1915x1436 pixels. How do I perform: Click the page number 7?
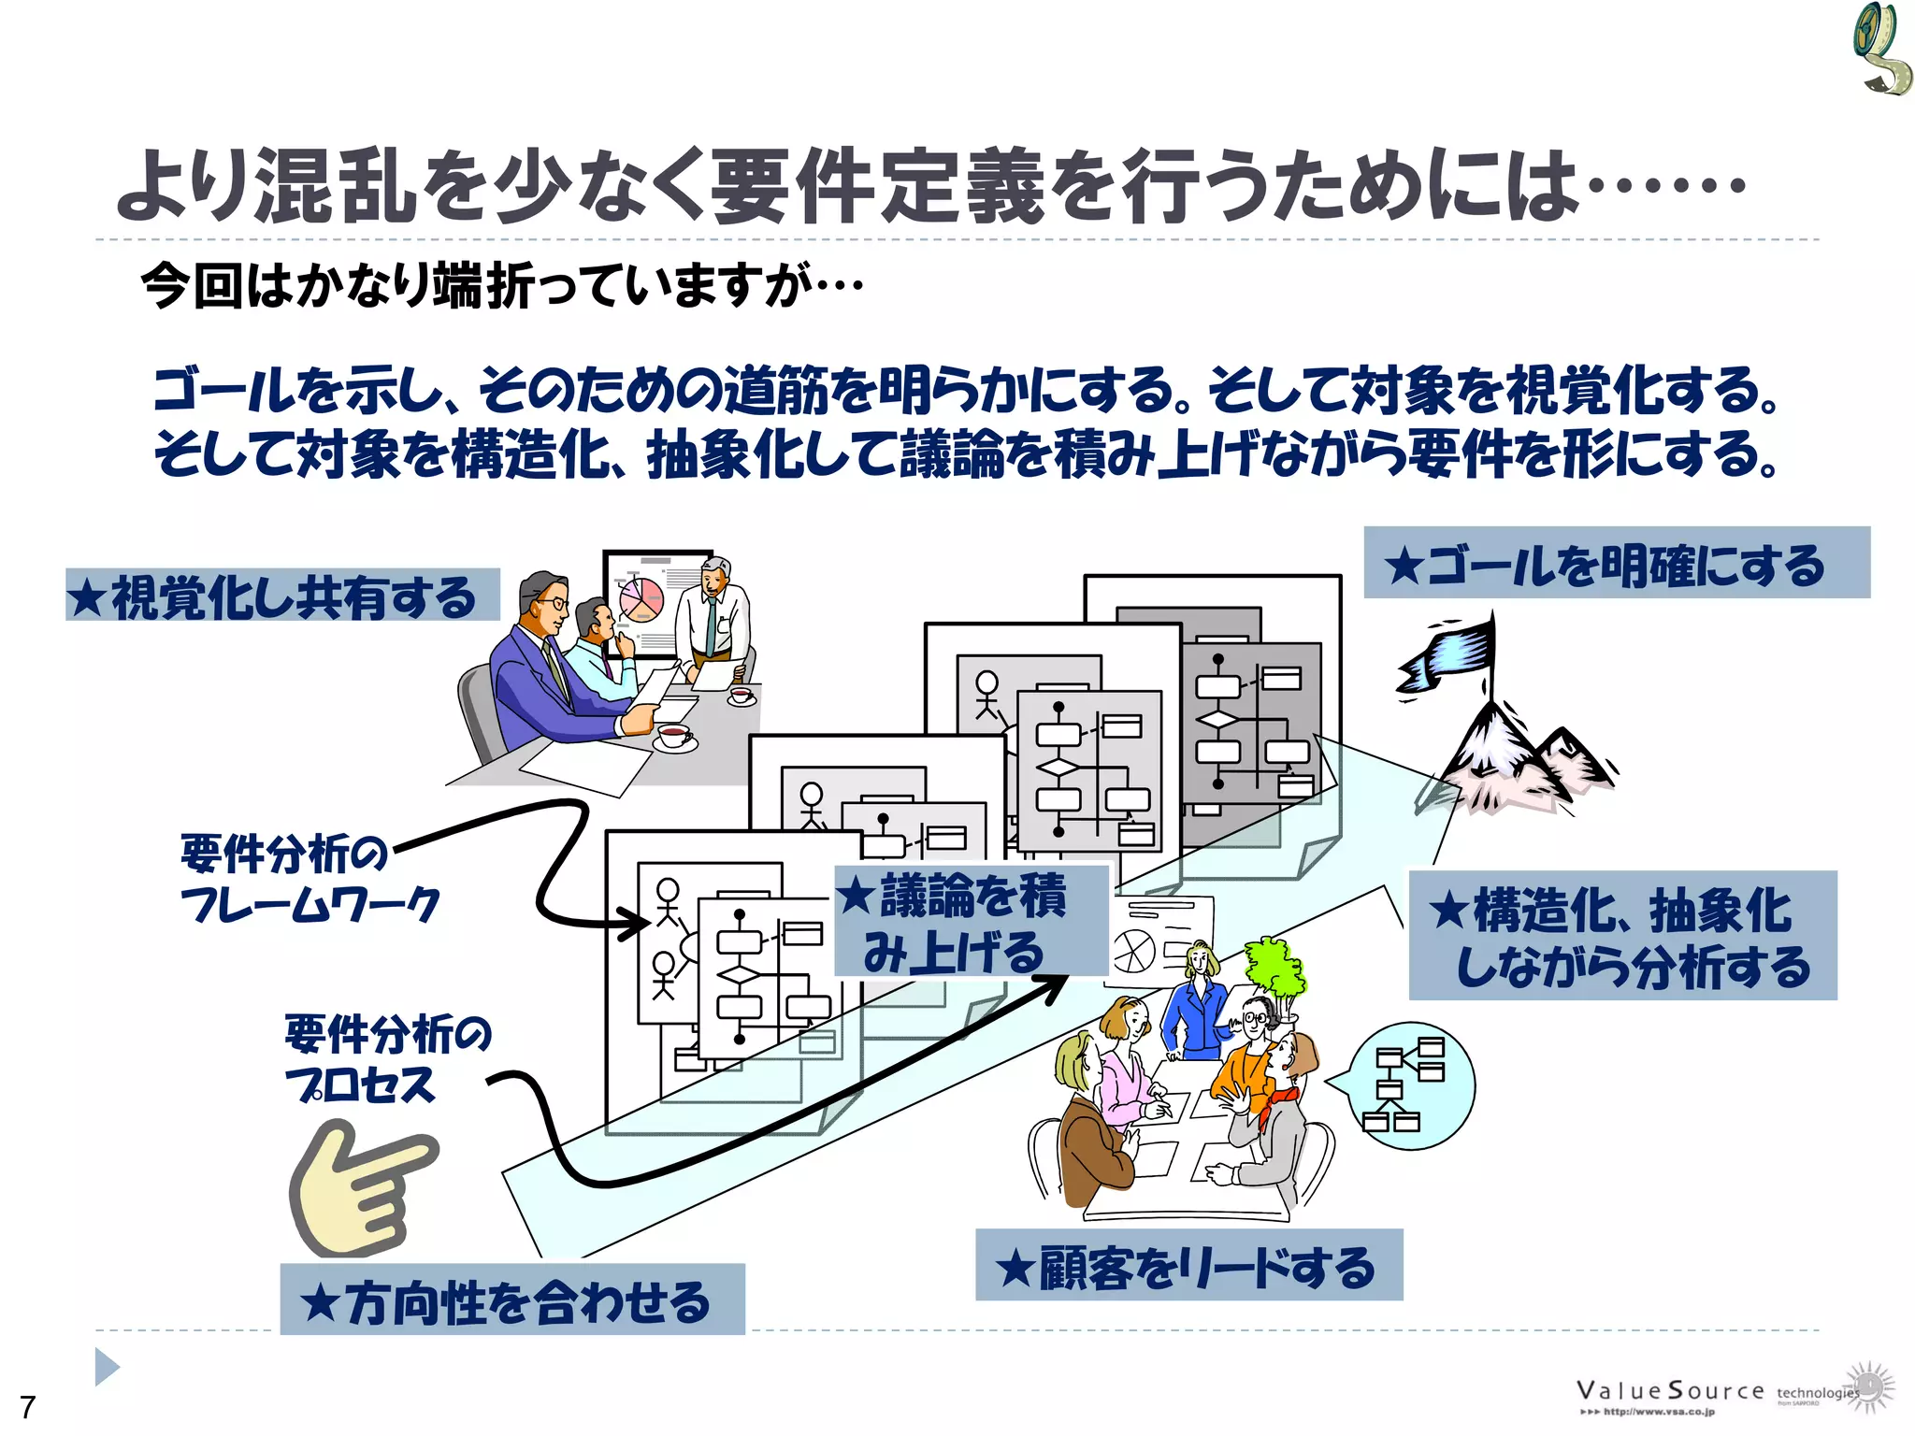coord(28,1406)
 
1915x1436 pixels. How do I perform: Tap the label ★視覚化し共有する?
coord(282,596)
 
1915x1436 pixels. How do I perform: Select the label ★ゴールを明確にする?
coord(1616,564)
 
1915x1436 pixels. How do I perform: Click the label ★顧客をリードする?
coord(1188,1266)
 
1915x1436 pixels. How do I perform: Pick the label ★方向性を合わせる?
coord(512,1300)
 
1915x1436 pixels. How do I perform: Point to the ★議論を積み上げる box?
coord(971,922)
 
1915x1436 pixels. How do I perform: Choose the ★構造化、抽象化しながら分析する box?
coord(1622,936)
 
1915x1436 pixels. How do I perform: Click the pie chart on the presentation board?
coord(641,598)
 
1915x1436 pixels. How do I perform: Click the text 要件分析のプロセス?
coord(385,1058)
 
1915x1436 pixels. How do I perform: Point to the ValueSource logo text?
coord(1669,1391)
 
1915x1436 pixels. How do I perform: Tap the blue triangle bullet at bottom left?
coord(107,1367)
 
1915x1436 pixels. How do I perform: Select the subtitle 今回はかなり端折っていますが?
coord(501,285)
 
